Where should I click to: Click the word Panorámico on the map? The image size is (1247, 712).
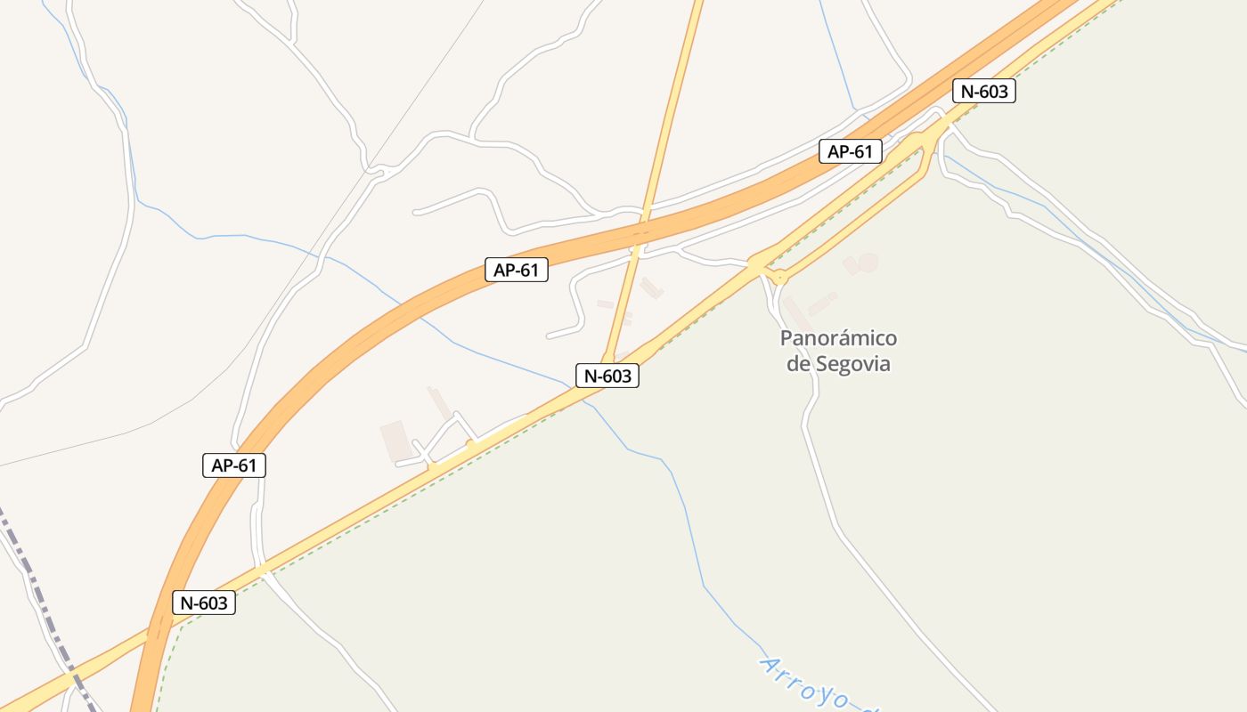click(x=838, y=339)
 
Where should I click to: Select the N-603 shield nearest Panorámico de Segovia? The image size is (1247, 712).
click(x=607, y=376)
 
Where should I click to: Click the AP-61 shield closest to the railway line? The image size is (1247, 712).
click(x=234, y=465)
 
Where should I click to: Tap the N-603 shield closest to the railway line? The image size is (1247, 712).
click(x=204, y=603)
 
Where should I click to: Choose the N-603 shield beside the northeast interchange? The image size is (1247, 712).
click(x=983, y=91)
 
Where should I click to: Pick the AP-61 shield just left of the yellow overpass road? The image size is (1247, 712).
click(x=517, y=270)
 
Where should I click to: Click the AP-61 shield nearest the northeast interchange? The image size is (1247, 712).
click(x=851, y=151)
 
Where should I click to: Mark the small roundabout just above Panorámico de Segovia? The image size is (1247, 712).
click(x=780, y=278)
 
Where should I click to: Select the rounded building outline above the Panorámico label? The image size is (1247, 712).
click(x=861, y=263)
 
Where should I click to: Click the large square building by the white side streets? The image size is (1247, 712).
click(x=395, y=441)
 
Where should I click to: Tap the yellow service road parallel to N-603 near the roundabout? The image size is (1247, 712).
click(x=855, y=222)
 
